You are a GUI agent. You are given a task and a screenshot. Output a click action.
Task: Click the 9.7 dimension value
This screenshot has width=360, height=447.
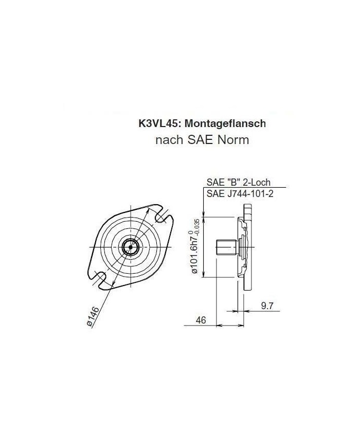click(x=267, y=306)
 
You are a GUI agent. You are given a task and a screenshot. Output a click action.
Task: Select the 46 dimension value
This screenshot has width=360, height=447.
click(x=201, y=320)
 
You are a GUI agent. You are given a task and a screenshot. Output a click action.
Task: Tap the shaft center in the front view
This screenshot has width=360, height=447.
click(x=131, y=247)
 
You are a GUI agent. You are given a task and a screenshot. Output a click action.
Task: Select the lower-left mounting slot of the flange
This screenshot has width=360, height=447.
click(x=100, y=278)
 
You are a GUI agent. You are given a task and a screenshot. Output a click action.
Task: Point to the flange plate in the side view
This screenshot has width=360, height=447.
click(x=251, y=247)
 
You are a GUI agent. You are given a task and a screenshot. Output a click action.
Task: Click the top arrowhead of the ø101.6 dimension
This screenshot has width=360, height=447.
click(x=205, y=219)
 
